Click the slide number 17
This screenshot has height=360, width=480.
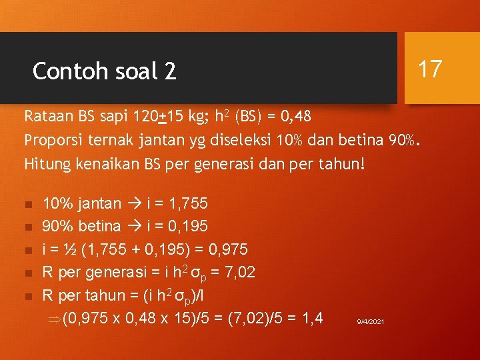(430, 68)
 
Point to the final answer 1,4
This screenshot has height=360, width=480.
(311, 319)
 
